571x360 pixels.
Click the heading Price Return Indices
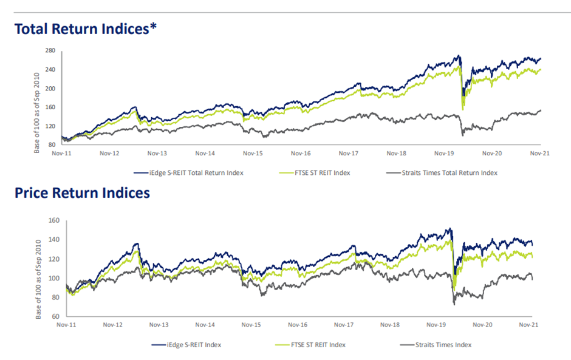pos(81,194)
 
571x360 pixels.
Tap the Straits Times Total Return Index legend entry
pos(449,172)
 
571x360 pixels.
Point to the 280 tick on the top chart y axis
pos(50,50)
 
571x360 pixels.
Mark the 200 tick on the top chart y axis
pos(50,88)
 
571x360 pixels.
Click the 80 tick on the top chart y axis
pos(52,144)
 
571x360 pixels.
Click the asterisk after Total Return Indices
pos(154,26)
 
